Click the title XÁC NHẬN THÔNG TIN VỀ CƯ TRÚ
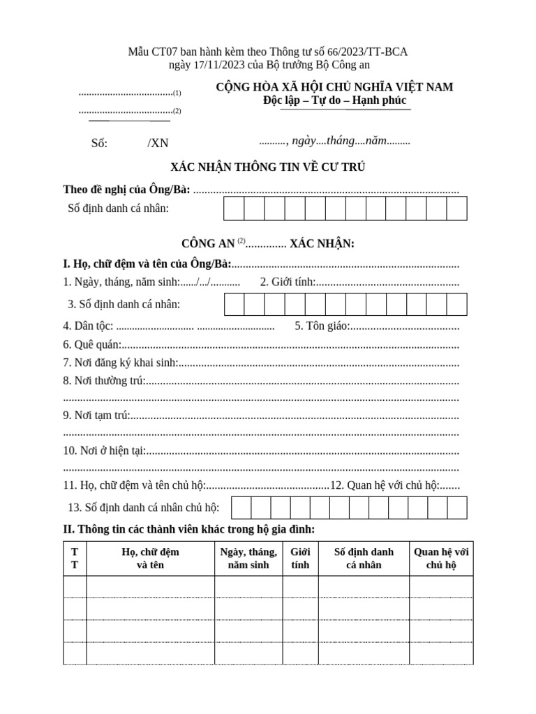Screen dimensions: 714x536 click(x=268, y=167)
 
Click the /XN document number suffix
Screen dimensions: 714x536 click(x=158, y=143)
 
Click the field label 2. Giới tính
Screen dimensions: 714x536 click(x=288, y=282)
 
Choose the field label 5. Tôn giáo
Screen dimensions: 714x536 click(x=321, y=326)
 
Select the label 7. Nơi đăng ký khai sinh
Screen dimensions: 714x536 click(x=120, y=363)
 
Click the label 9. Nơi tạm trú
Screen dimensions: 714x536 click(x=96, y=416)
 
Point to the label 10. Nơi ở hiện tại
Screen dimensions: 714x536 click(x=104, y=450)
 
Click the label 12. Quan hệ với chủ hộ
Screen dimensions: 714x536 click(x=384, y=485)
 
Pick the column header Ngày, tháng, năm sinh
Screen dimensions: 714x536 click(x=248, y=559)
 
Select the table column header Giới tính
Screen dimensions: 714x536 click(x=300, y=559)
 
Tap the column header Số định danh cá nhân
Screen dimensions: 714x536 click(x=364, y=559)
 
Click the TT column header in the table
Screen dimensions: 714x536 click(x=75, y=559)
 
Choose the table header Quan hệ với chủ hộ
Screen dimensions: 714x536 click(x=441, y=559)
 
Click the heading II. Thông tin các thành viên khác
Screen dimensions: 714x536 click(x=189, y=530)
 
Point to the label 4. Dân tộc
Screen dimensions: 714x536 click(x=89, y=326)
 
